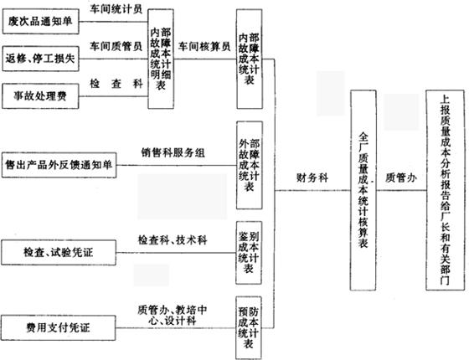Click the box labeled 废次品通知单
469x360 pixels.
point(41,21)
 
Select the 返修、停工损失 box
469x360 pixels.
point(41,59)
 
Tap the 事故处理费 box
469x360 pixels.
point(40,96)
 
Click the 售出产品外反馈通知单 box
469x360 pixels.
point(59,165)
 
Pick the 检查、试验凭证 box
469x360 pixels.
point(59,253)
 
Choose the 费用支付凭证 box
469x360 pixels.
point(59,327)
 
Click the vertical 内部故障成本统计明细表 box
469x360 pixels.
point(161,59)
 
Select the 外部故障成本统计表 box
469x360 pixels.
point(250,165)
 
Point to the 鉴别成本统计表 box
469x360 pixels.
point(249,253)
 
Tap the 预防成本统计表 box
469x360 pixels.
point(249,327)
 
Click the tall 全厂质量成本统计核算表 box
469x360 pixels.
point(363,191)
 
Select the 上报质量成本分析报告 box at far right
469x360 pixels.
point(446,190)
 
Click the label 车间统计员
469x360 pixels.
point(116,9)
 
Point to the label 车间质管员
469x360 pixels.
point(116,46)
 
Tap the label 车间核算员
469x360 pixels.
point(204,46)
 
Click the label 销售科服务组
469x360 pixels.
point(173,152)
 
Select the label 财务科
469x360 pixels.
point(312,177)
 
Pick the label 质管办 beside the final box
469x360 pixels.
point(401,177)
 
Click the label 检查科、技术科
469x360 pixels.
point(173,240)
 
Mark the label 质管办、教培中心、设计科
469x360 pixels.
point(173,315)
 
